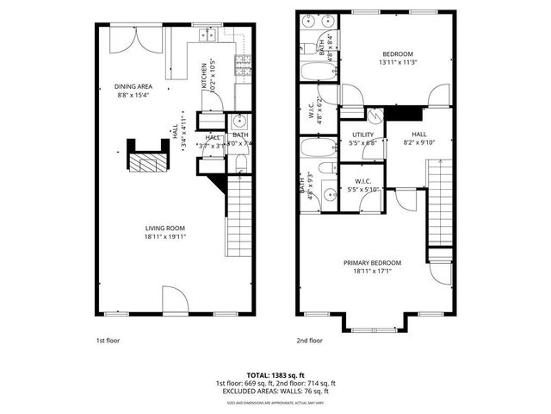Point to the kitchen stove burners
coord(243,61)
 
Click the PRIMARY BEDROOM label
coord(372,267)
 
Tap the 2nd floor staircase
coord(439,203)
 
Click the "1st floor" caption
coord(108,340)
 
